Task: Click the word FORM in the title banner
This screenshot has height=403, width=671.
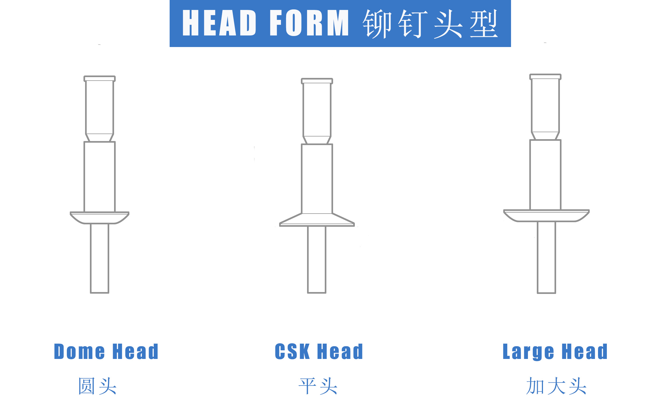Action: point(309,23)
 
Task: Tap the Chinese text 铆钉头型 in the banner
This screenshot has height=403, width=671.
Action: point(431,24)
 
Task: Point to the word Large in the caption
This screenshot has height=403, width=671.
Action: point(528,352)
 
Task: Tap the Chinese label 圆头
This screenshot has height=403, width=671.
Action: point(97,386)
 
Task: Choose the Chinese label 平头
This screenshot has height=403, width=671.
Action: point(318,386)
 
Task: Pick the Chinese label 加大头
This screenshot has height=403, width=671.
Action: point(556,386)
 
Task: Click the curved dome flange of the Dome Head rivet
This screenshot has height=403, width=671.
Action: point(100,218)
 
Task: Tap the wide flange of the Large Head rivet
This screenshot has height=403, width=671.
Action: point(546,216)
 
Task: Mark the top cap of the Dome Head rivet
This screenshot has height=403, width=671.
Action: point(100,79)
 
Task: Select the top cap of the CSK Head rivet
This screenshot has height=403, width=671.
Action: point(317,81)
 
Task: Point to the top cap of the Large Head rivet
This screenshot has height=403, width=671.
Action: point(545,77)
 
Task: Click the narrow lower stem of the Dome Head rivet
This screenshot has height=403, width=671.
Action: point(100,258)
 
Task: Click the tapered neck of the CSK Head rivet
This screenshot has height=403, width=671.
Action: point(317,140)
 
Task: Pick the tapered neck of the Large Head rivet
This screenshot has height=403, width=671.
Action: point(545,136)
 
